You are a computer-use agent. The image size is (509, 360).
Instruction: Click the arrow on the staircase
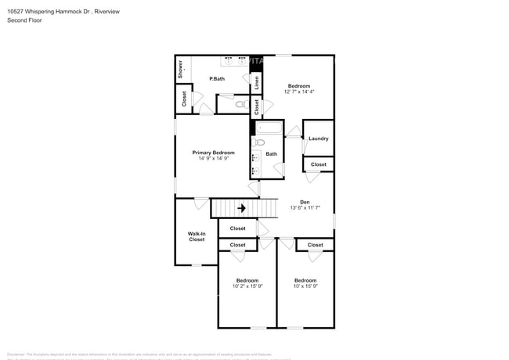[242, 208]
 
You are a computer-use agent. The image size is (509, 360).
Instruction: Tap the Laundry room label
[318, 139]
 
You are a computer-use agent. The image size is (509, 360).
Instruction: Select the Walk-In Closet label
[197, 236]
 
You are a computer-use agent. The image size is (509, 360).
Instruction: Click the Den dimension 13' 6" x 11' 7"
[305, 208]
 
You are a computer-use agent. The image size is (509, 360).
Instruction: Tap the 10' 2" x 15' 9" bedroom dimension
[247, 286]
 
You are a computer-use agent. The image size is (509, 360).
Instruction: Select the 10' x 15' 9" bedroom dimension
[305, 286]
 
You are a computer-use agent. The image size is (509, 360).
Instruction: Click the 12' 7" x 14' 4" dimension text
[298, 92]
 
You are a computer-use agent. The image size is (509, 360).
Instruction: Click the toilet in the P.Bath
[240, 103]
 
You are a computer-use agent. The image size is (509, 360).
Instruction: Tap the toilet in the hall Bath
[258, 142]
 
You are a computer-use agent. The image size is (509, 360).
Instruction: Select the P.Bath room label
[217, 79]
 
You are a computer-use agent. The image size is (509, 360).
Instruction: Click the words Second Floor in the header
[24, 20]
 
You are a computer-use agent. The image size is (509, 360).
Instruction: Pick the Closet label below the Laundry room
[319, 164]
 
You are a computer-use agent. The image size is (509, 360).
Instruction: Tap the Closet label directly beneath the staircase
[237, 229]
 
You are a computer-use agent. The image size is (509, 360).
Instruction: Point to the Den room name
[305, 202]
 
